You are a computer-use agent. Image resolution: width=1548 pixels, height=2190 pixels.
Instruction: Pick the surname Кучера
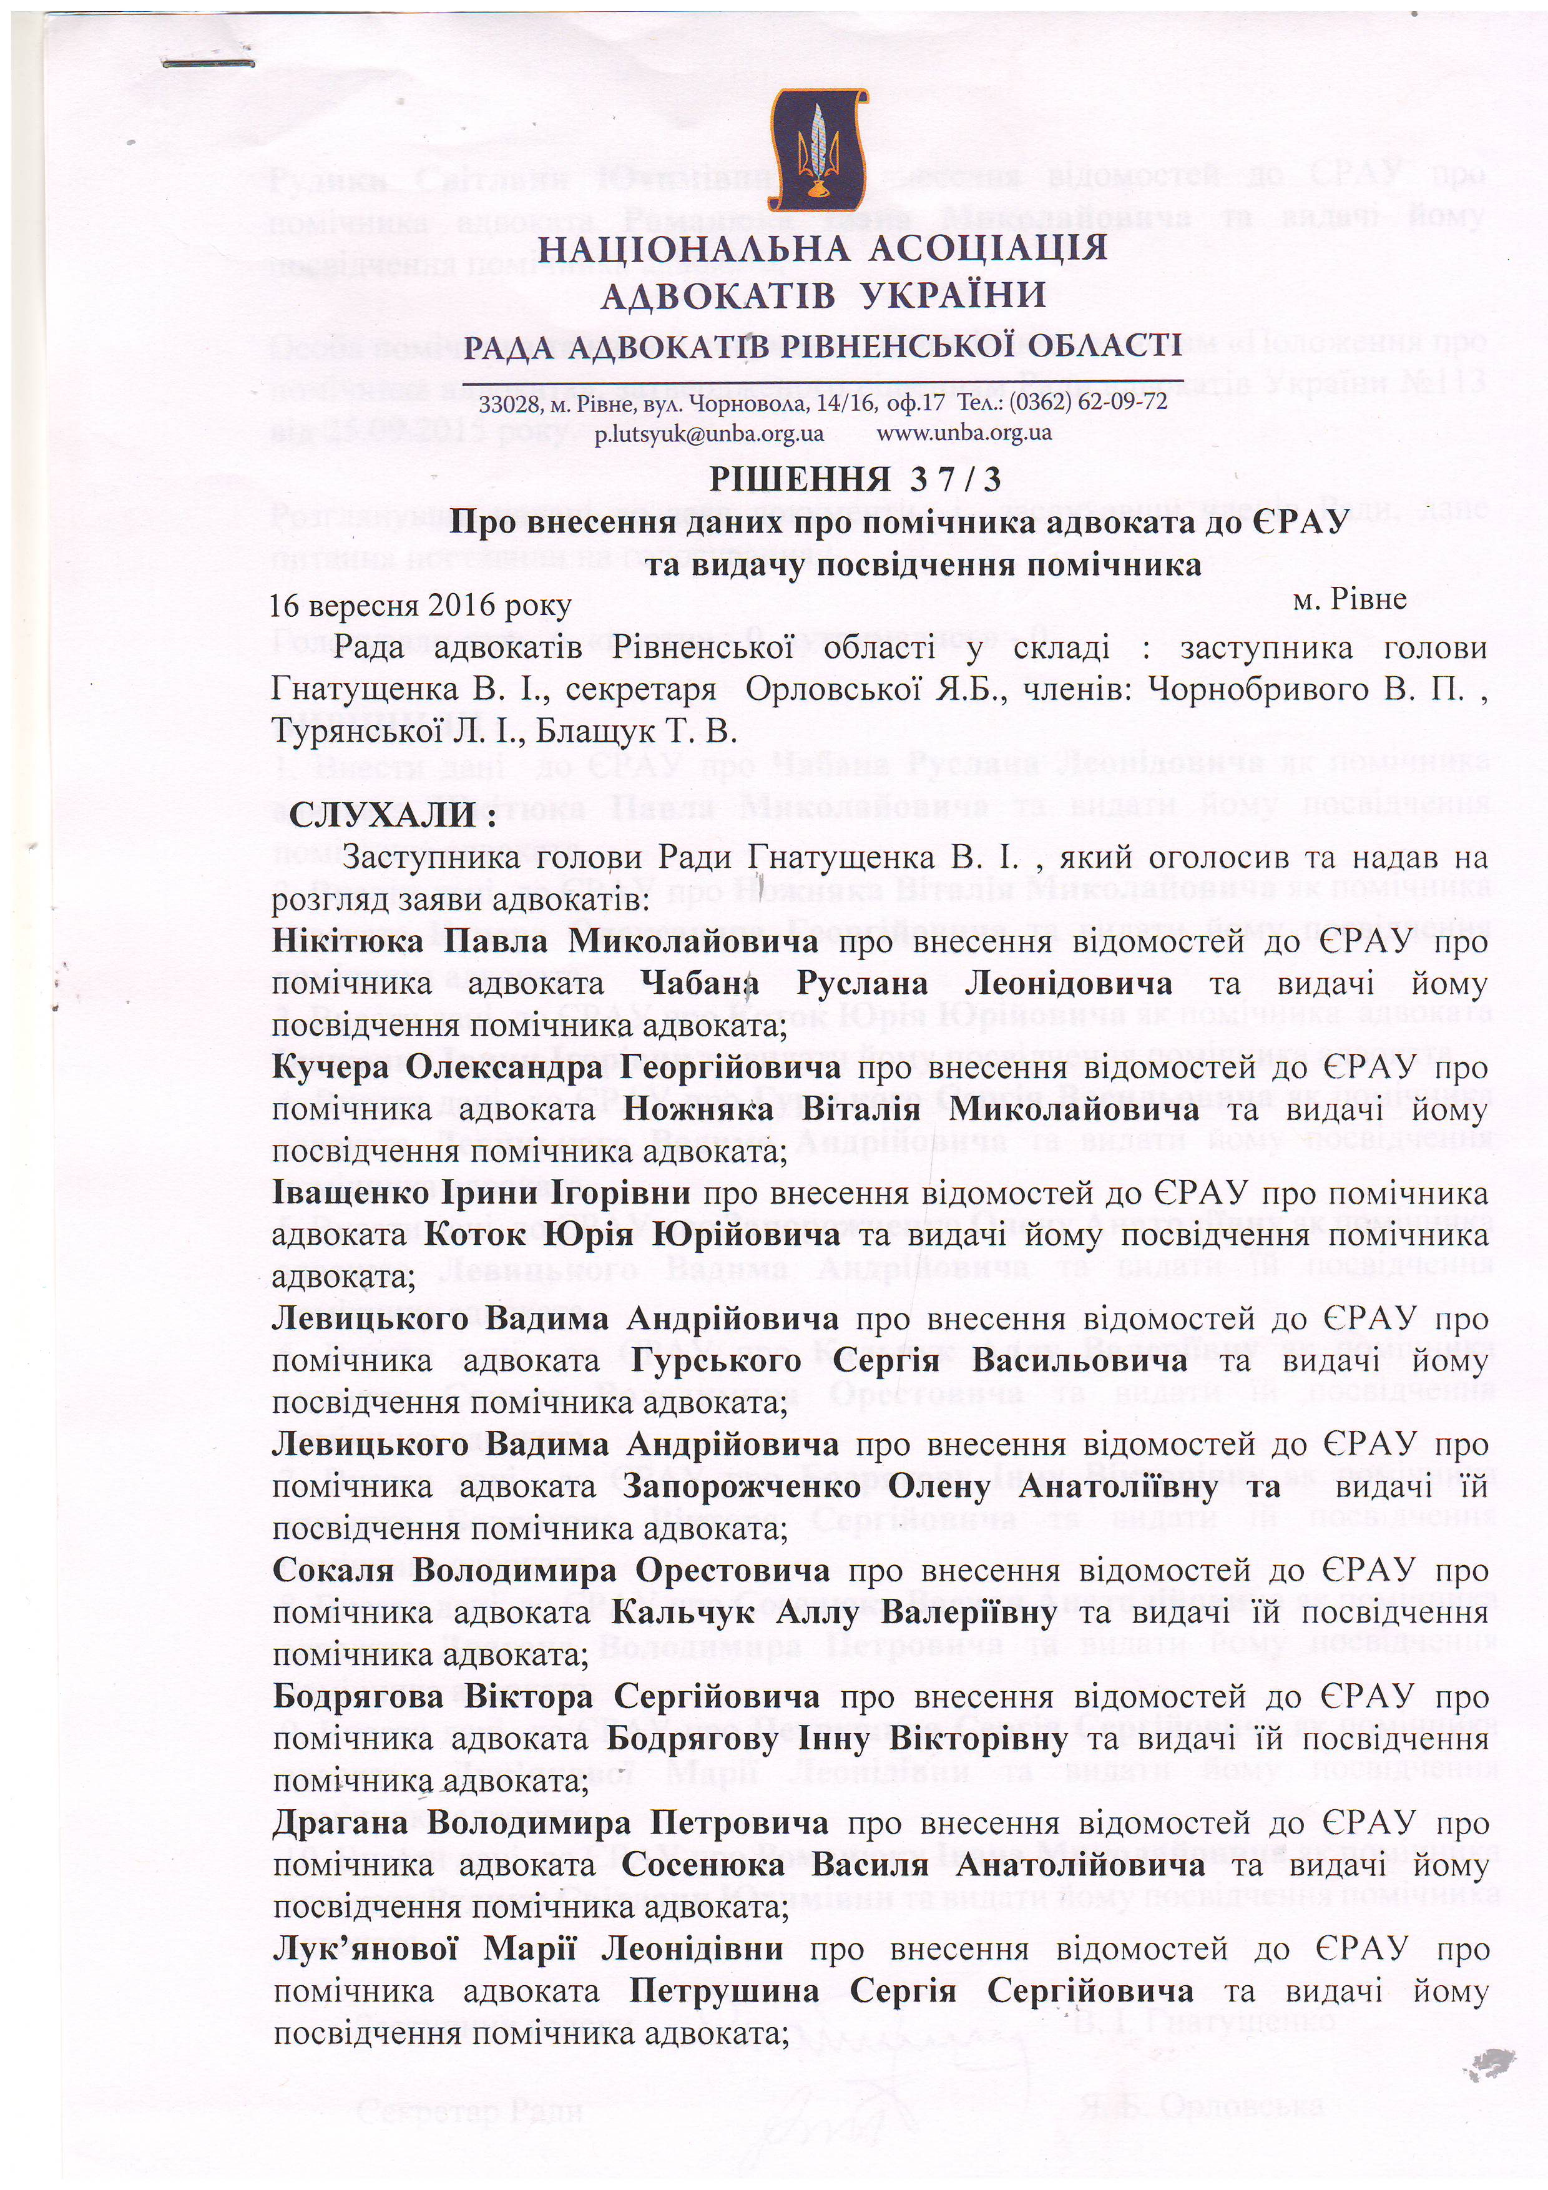331,1068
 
